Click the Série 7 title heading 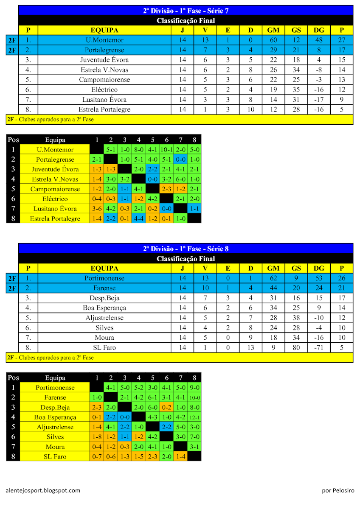coord(186,11)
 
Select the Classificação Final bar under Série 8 coord(186,258)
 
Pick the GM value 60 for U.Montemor coord(273,40)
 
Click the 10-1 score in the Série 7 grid coord(166,150)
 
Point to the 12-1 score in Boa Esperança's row coord(194,417)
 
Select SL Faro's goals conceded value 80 coord(296,348)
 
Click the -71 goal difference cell coord(318,348)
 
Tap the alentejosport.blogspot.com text coord(43,490)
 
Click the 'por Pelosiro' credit coord(338,490)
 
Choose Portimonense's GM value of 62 coord(273,278)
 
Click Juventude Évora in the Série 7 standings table coord(104,60)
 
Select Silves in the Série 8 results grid coord(55,437)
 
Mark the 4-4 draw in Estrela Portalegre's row coord(138,219)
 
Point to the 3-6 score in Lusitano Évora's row coord(97,209)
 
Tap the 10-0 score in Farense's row coord(194,398)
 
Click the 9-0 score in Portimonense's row coord(194,388)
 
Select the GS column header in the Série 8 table coord(296,268)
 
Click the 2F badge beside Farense coord(12,288)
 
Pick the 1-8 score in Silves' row coord(97,437)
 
